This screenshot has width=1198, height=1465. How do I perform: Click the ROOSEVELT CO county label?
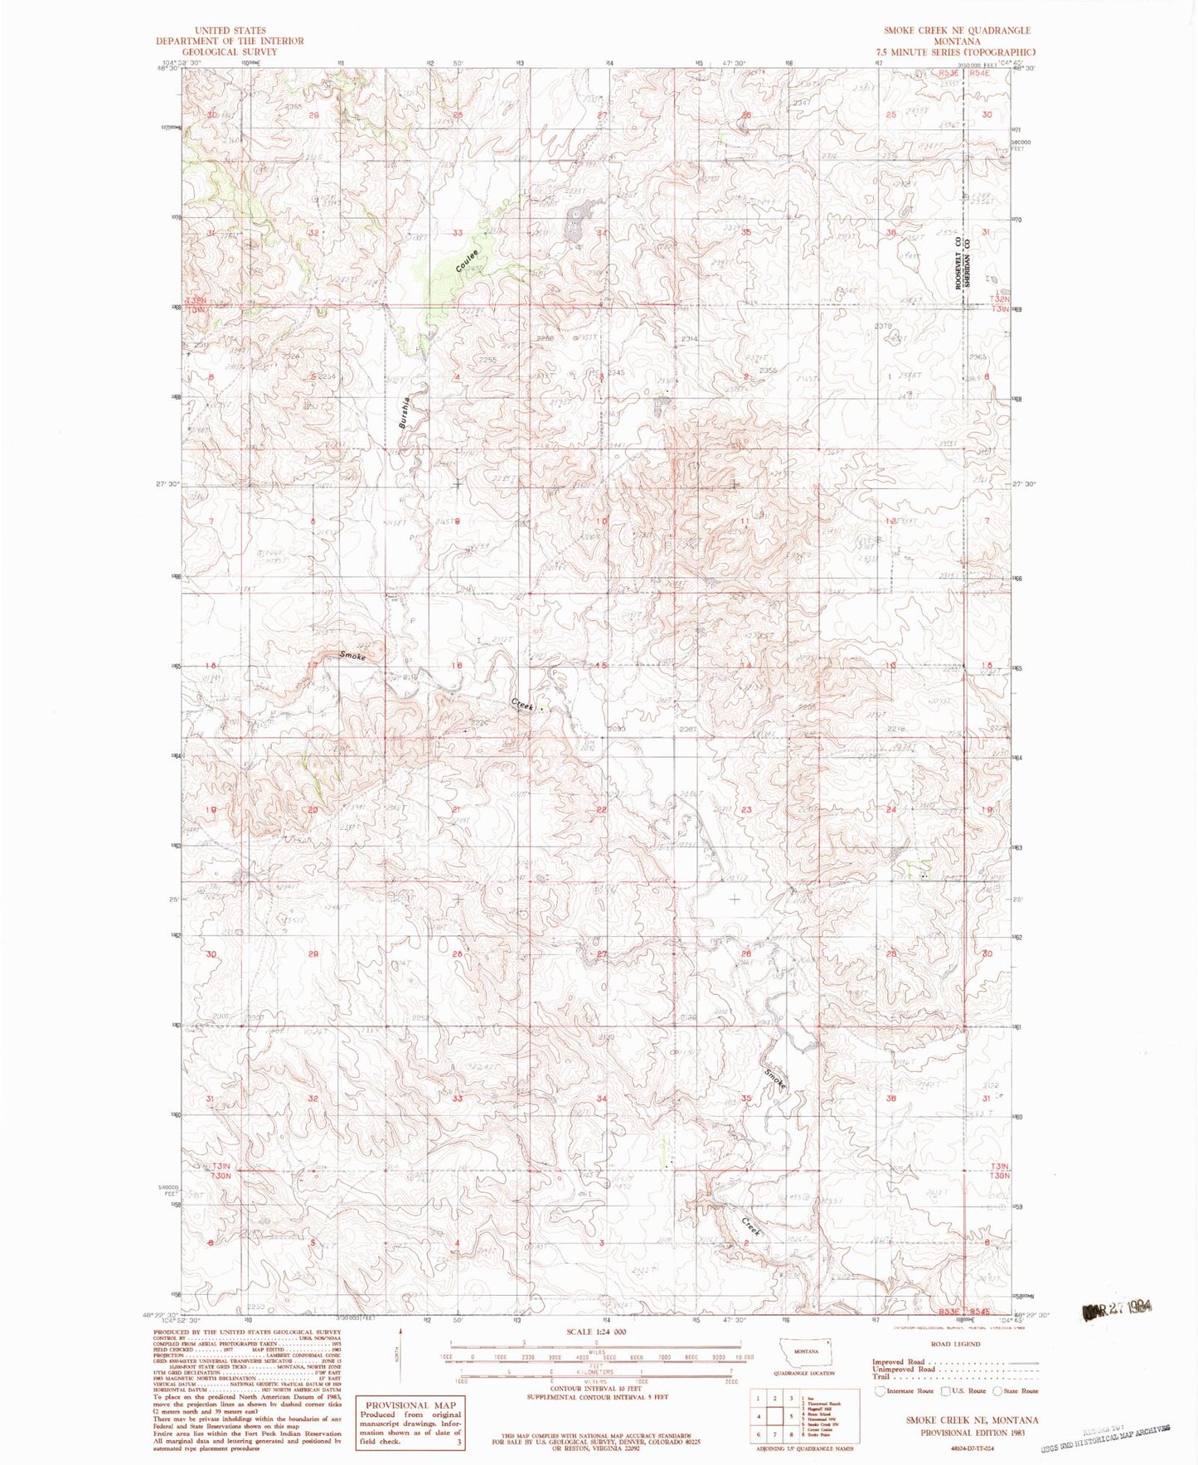957,264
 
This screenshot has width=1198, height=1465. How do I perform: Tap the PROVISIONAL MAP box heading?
410,1404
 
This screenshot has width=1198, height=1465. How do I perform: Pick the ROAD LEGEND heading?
955,1343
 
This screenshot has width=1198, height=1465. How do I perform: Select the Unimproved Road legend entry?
903,1369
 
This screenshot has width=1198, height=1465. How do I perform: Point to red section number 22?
602,810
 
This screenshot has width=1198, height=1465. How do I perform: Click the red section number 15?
602,667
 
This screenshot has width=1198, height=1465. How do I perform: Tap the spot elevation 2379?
883,326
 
